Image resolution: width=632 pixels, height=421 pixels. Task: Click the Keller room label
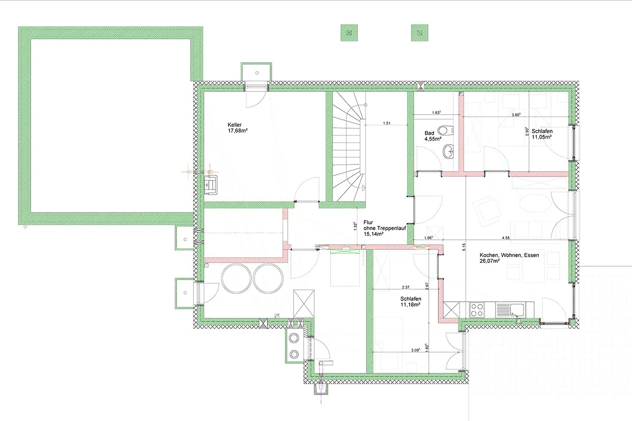point(234,125)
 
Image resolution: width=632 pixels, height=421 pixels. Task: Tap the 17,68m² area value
point(238,131)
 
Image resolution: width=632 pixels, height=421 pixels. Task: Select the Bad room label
point(429,133)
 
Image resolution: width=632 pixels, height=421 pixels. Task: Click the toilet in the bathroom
point(446,131)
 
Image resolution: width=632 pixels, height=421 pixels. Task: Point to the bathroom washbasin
point(448,152)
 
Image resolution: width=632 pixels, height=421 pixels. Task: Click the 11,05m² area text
point(542,137)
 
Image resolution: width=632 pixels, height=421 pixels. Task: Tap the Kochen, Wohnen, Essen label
point(509,255)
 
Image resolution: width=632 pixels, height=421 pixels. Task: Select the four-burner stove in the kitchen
point(477,309)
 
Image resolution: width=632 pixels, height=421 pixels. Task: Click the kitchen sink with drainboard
point(510,310)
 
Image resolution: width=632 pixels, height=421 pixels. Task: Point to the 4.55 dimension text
point(506,238)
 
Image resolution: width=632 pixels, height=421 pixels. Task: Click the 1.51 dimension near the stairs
point(387,123)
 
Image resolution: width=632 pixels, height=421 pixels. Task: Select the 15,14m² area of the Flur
point(373,234)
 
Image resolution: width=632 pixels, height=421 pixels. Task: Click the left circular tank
point(236,278)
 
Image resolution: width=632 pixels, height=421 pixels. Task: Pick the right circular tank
point(268,278)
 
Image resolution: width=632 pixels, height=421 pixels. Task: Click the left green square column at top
point(349,33)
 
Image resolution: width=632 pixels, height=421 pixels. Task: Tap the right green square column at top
point(420,33)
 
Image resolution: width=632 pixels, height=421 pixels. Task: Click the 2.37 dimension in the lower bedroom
point(406,287)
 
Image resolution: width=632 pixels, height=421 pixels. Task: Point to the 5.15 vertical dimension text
point(463,247)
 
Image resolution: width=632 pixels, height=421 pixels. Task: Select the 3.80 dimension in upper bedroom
point(516,115)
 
